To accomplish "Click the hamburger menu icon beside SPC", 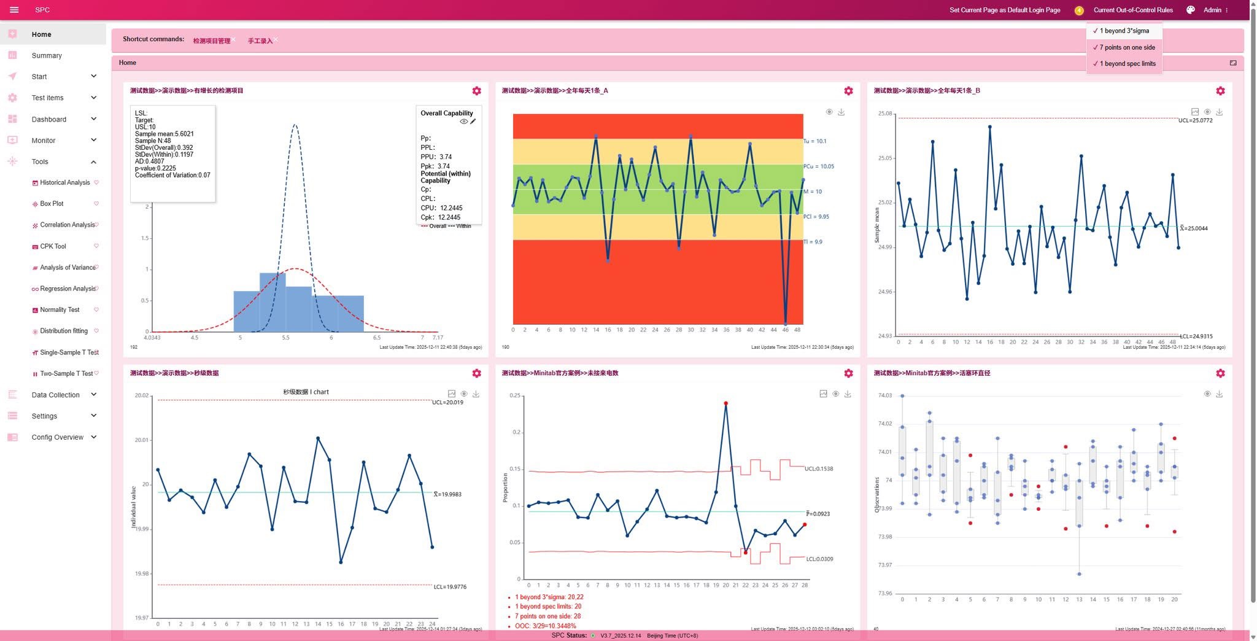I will pyautogui.click(x=14, y=10).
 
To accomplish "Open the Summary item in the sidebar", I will pyautogui.click(x=47, y=55).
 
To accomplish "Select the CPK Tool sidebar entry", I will pyautogui.click(x=53, y=246).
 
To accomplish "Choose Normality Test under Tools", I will pyautogui.click(x=60, y=310).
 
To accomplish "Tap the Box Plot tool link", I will pyautogui.click(x=52, y=204).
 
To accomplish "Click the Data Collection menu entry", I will pyautogui.click(x=55, y=395).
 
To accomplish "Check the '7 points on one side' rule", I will pyautogui.click(x=1127, y=47).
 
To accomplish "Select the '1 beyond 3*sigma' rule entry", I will pyautogui.click(x=1124, y=31).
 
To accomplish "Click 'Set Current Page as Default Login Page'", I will pyautogui.click(x=1005, y=10).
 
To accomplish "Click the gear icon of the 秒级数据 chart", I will pyautogui.click(x=476, y=373).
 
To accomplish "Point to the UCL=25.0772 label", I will pyautogui.click(x=1195, y=121).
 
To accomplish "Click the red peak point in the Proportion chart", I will pyautogui.click(x=725, y=403).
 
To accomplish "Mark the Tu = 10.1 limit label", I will pyautogui.click(x=814, y=141).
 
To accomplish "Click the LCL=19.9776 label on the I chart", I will pyautogui.click(x=450, y=587).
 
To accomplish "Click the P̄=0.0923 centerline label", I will pyautogui.click(x=818, y=514).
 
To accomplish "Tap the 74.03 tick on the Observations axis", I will pyautogui.click(x=884, y=395).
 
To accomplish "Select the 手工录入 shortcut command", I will pyautogui.click(x=260, y=41).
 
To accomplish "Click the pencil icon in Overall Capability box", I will pyautogui.click(x=473, y=122).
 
